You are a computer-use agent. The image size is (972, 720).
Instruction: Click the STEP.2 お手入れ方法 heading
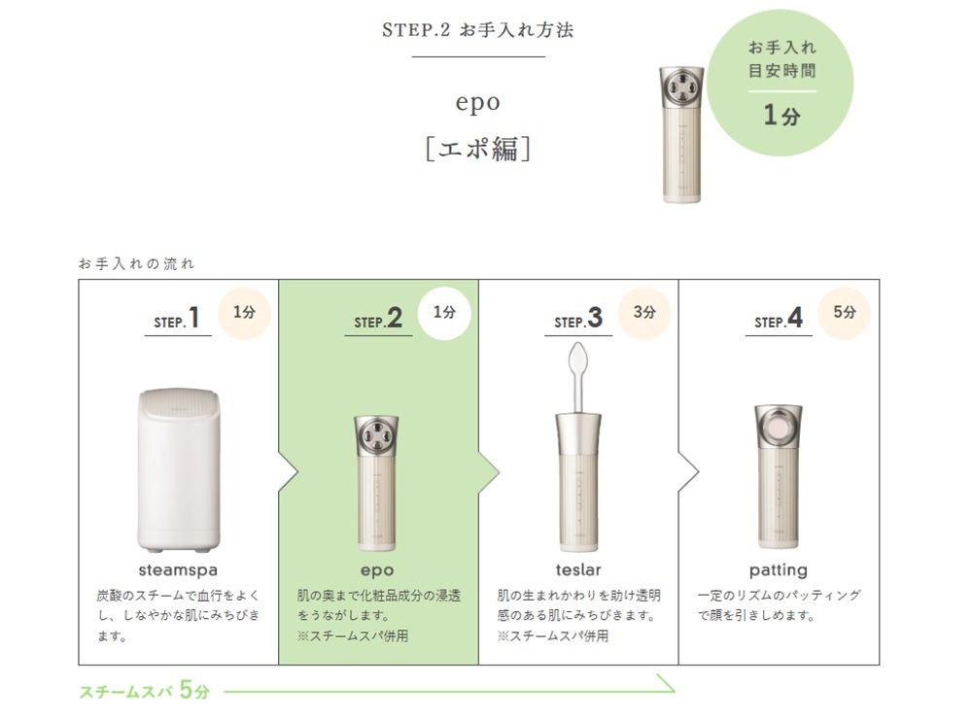(477, 30)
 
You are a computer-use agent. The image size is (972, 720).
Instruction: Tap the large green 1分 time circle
(781, 83)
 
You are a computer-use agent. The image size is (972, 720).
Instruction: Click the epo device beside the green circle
(681, 134)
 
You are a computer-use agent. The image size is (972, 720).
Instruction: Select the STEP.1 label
(177, 319)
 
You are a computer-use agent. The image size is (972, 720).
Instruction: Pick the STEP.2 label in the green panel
(378, 319)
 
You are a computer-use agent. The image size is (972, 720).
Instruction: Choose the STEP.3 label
(578, 319)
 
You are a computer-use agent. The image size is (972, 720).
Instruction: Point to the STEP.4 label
(779, 319)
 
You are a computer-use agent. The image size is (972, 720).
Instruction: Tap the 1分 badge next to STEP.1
(244, 313)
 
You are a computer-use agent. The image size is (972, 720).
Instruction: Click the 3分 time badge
(644, 313)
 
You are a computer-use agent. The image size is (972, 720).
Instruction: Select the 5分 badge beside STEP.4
(845, 313)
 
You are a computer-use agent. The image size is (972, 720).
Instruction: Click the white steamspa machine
(179, 470)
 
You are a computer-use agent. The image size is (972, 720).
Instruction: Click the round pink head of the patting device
(778, 429)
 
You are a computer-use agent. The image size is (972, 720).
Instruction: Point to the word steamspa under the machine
(178, 569)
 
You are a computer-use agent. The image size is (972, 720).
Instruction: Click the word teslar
(578, 569)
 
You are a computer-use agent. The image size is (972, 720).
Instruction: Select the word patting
(779, 570)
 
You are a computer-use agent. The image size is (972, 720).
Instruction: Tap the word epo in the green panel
(377, 570)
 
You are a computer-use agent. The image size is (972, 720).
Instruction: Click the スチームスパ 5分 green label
(145, 690)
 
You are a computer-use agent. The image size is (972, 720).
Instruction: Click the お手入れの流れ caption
(136, 264)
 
